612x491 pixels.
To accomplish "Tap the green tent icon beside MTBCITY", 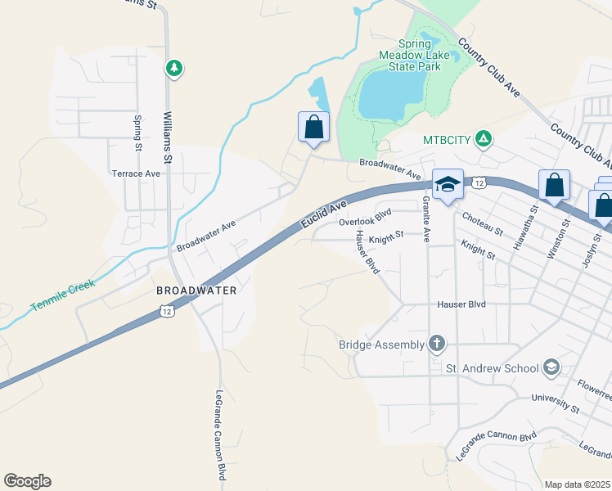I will [484, 139].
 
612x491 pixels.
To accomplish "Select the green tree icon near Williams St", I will [173, 68].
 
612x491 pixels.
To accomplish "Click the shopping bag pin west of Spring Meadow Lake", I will [313, 127].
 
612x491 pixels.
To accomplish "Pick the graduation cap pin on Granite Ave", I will [448, 185].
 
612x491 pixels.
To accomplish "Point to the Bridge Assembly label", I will [381, 345].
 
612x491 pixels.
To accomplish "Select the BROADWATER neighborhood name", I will [196, 291].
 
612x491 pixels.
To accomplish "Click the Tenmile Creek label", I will [64, 295].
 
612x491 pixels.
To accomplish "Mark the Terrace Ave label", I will [136, 173].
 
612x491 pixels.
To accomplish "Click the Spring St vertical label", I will [137, 133].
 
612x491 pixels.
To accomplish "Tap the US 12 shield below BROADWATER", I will [167, 311].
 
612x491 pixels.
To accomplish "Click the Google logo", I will [27, 481].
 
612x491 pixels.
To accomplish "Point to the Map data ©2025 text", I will [577, 484].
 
